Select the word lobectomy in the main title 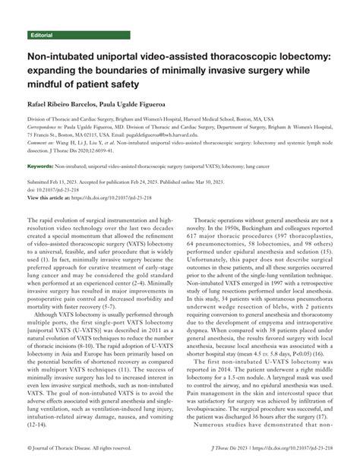[x=295, y=56]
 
